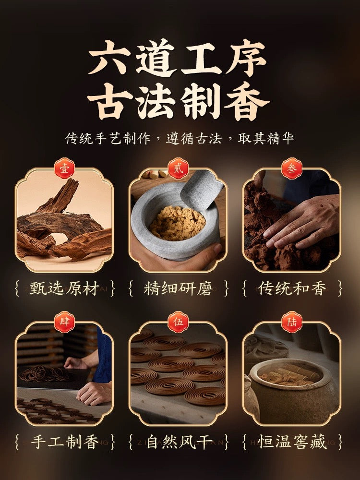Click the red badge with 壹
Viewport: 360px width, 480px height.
[x=64, y=168]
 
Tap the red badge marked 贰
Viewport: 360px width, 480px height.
[x=178, y=168]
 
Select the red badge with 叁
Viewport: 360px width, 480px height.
[x=292, y=168]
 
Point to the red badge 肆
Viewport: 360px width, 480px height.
[x=64, y=322]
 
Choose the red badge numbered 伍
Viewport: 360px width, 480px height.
[x=178, y=322]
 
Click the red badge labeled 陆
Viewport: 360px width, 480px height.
[x=292, y=322]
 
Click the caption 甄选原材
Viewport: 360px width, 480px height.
[x=65, y=288]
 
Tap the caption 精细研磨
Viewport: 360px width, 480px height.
[x=178, y=288]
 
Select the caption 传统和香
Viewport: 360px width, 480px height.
[x=292, y=288]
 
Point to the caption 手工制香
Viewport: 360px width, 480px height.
[x=65, y=442]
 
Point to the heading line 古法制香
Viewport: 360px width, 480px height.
[x=178, y=101]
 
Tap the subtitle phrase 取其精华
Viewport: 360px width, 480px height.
[x=266, y=138]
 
